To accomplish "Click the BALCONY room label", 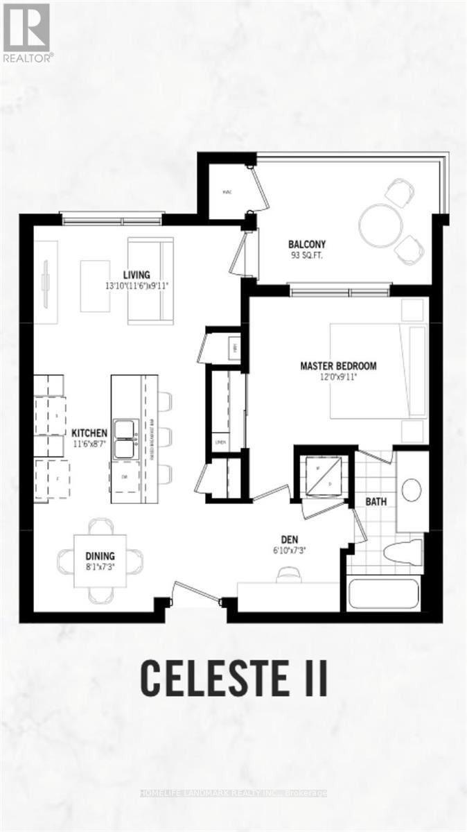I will [307, 244].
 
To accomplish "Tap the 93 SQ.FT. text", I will [307, 255].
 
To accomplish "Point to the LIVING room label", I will [137, 275].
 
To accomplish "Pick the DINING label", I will [100, 556].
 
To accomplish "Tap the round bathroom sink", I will [412, 489].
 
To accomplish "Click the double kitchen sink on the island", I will [126, 440].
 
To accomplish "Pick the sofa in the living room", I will [149, 280].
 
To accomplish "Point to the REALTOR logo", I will [26, 32].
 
